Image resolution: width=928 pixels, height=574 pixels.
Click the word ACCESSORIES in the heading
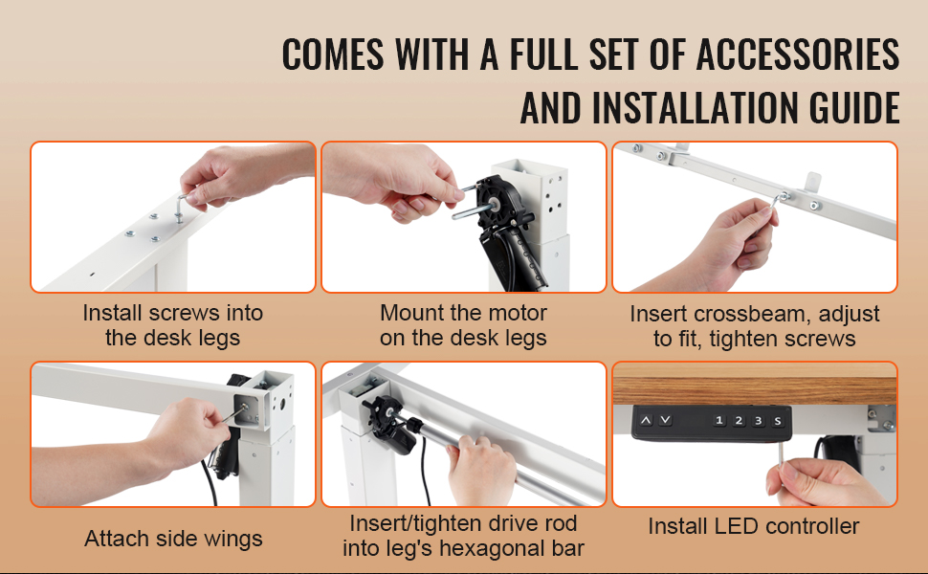[x=798, y=54]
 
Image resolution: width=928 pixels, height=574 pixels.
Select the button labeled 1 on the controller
[x=719, y=421]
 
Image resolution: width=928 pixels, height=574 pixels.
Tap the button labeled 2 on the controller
[x=739, y=421]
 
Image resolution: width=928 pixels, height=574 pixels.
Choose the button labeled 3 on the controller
[x=758, y=421]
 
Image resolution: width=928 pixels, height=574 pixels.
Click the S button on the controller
[x=778, y=421]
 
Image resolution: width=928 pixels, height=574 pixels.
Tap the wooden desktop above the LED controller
[x=755, y=384]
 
